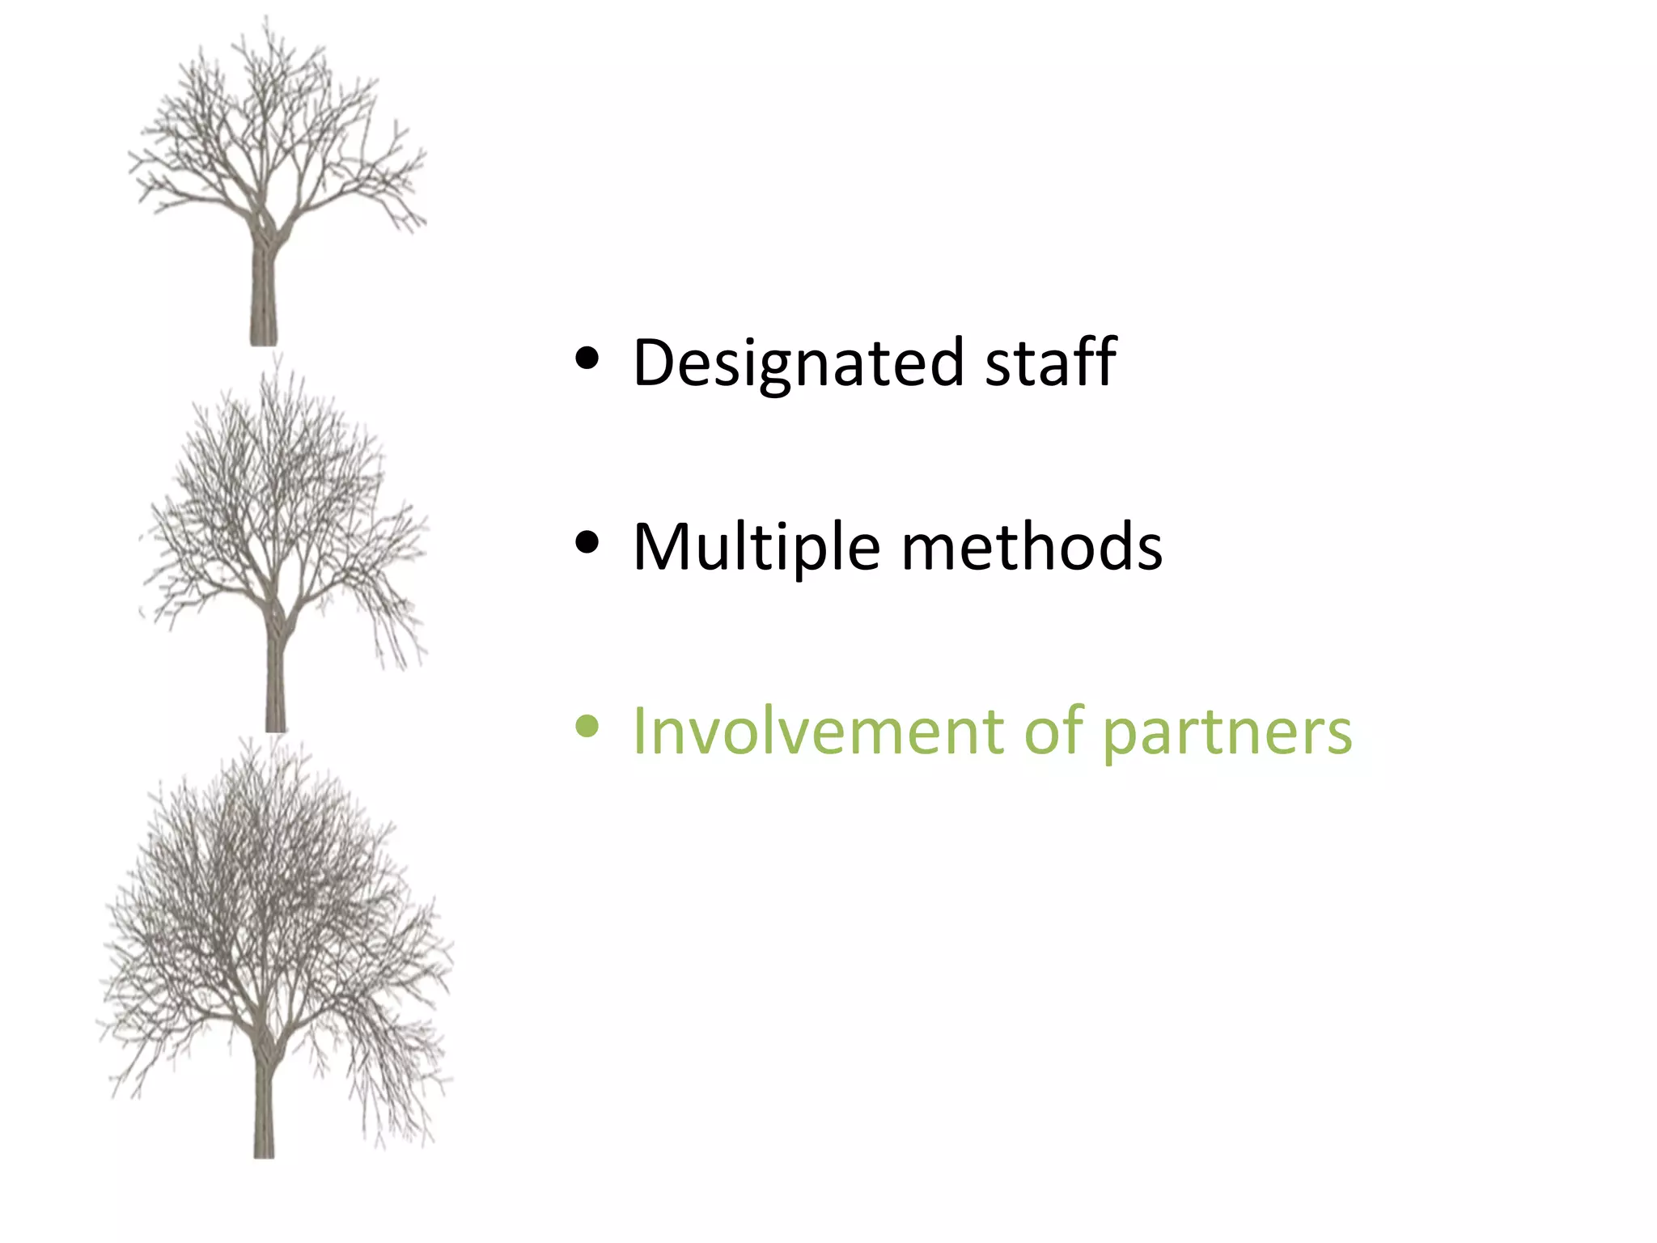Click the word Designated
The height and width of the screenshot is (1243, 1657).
click(x=798, y=363)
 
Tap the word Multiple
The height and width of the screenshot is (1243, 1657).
click(x=756, y=548)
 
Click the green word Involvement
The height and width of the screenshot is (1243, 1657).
click(x=817, y=732)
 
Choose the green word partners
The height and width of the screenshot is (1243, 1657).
click(x=1227, y=733)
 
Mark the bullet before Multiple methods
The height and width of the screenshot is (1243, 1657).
click(x=587, y=542)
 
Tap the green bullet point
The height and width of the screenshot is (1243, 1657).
click(x=587, y=726)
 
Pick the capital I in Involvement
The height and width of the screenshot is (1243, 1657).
click(x=639, y=732)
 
